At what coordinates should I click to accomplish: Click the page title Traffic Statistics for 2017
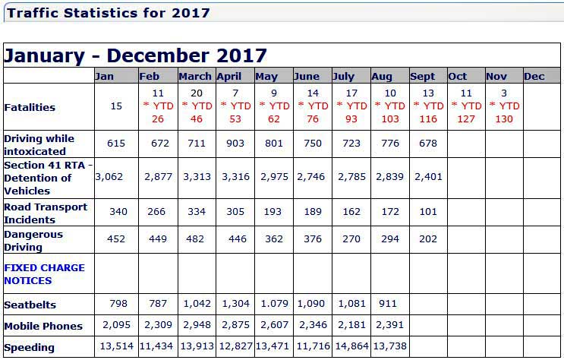coord(109,13)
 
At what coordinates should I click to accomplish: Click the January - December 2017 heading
coord(136,55)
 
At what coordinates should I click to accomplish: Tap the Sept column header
coord(423,76)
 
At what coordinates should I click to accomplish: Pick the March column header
coord(195,76)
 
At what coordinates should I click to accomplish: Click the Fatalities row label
coord(30,107)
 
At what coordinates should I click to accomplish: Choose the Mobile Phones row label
coord(43,326)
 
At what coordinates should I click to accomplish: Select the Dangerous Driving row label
coord(33,241)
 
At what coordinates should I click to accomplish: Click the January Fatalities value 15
coord(116,106)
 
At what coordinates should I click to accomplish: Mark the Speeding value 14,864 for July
coord(351,347)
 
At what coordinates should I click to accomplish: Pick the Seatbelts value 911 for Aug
coord(389,305)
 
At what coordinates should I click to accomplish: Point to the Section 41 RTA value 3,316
coord(234,177)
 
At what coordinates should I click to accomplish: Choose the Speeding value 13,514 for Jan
coord(116,347)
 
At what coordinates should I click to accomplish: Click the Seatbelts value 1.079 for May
coord(273,305)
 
